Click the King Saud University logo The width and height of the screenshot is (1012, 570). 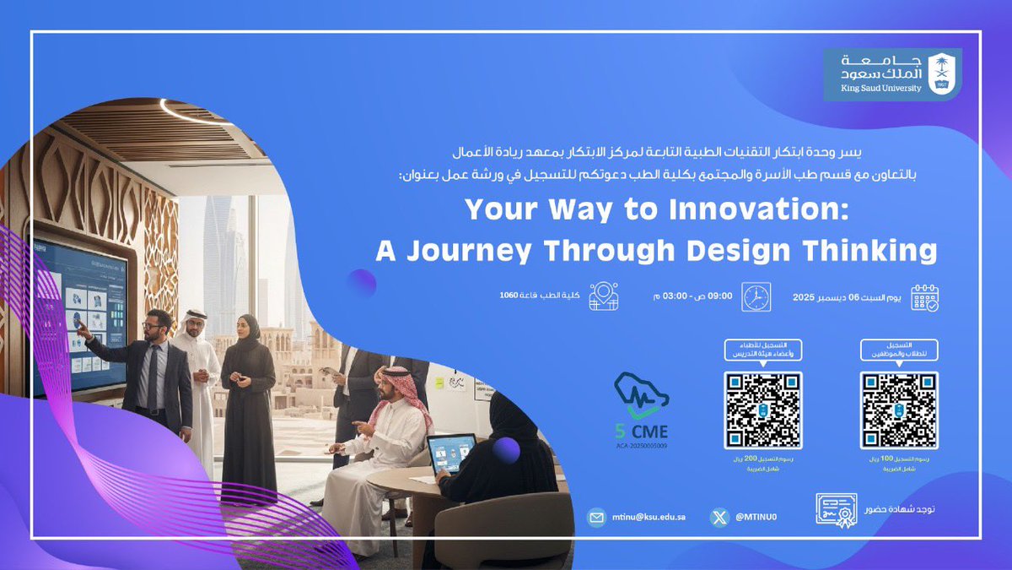(x=892, y=74)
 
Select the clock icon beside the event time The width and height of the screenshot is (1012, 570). (x=756, y=296)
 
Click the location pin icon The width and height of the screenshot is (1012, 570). (x=604, y=296)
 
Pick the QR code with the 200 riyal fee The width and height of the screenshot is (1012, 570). (x=762, y=410)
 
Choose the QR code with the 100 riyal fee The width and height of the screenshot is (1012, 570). (x=898, y=410)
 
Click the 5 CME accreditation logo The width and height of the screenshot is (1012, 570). (x=643, y=414)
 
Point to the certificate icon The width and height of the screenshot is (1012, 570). (x=836, y=510)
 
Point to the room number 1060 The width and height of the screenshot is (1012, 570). (x=508, y=295)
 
